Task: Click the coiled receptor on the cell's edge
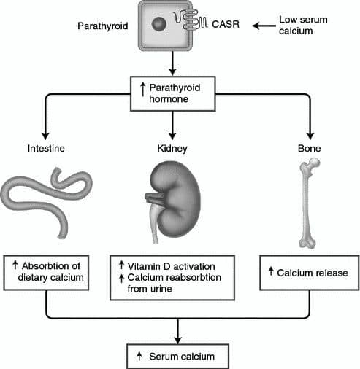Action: click(x=195, y=24)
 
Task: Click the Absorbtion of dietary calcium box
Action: click(x=47, y=271)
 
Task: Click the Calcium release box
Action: click(x=310, y=272)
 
